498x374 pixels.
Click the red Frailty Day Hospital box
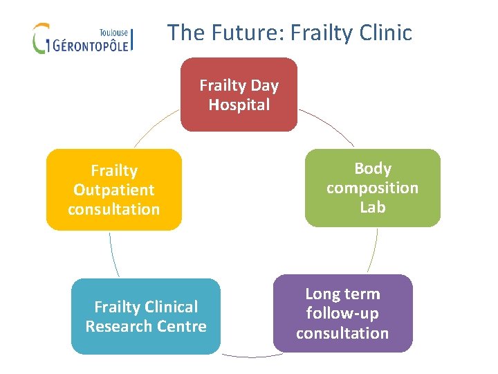pos(239,95)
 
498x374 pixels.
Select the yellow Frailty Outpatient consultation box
pos(113,190)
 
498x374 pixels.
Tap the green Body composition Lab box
pos(372,188)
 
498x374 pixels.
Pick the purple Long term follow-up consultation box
pos(342,314)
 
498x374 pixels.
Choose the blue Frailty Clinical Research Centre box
pos(145,317)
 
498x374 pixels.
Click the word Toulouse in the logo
pos(114,31)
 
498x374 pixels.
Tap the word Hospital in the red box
pos(239,105)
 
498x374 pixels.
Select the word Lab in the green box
pos(373,207)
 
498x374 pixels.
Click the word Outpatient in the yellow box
pos(113,190)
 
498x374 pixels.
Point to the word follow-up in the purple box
pos(342,314)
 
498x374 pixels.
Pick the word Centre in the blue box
pos(183,326)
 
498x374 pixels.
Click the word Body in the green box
pos(373,168)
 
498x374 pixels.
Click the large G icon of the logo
pos(41,38)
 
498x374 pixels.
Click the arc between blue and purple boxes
pos(247,356)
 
